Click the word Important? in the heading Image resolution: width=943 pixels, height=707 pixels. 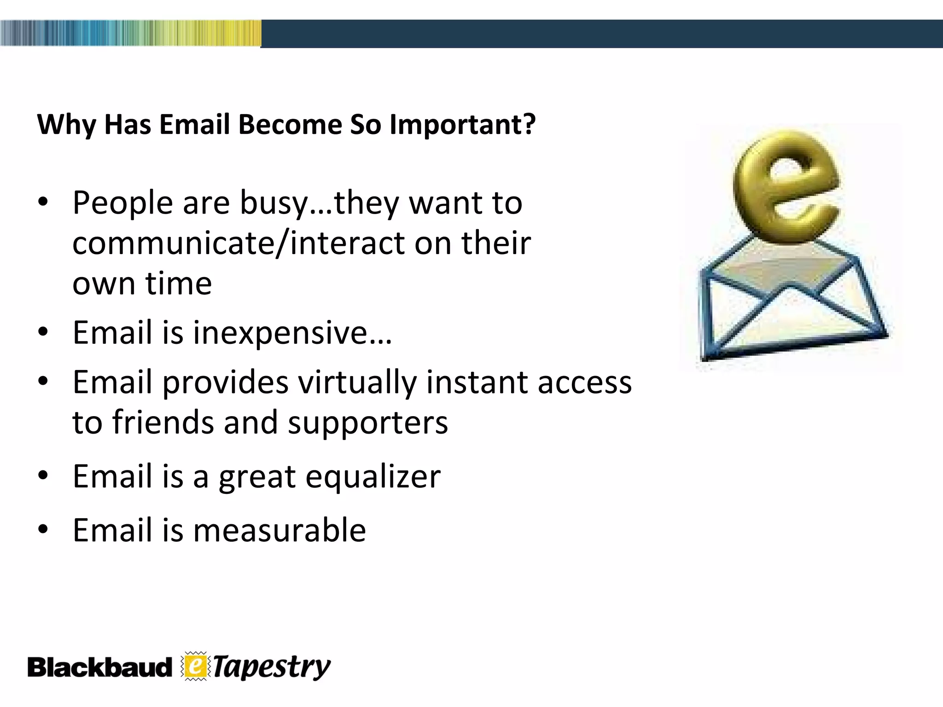point(462,125)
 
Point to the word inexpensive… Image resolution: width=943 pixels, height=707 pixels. point(292,333)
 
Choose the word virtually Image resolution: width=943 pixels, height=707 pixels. point(356,383)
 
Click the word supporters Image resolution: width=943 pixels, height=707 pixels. point(367,423)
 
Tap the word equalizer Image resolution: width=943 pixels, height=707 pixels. point(373,476)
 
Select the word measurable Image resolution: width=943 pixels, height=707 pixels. point(279,530)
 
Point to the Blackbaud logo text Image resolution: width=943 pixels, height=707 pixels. point(99,668)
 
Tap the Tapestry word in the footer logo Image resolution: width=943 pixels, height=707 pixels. point(272,668)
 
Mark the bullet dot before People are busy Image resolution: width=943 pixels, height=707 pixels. point(43,203)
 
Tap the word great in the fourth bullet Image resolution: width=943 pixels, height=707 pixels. point(256,476)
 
